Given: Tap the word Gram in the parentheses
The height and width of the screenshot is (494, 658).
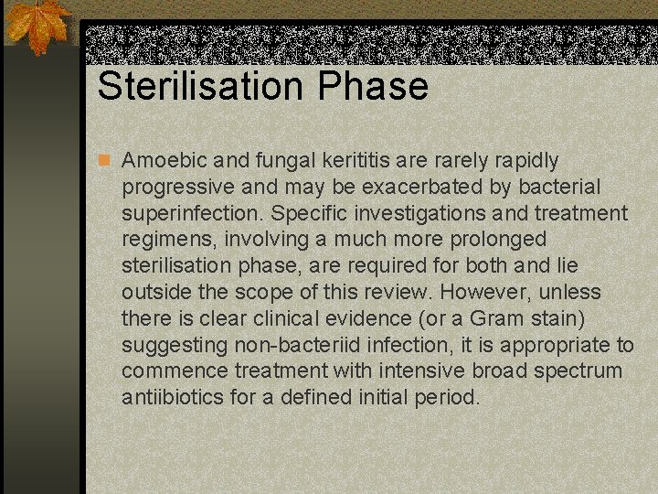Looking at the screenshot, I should pyautogui.click(x=497, y=319).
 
